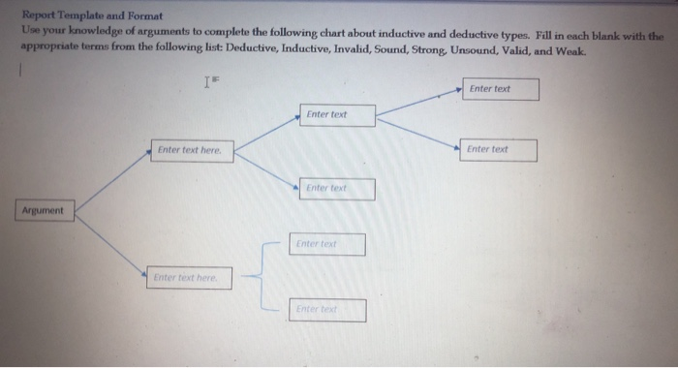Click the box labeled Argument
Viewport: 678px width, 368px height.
tap(42, 210)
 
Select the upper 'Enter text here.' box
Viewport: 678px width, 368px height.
tap(191, 150)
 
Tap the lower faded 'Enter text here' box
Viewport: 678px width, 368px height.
tap(189, 278)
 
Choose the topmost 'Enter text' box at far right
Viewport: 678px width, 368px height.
tap(500, 89)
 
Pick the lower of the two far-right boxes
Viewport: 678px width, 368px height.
tap(499, 150)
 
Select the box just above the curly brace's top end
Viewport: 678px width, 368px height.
tap(326, 244)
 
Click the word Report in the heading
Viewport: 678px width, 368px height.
tap(41, 16)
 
